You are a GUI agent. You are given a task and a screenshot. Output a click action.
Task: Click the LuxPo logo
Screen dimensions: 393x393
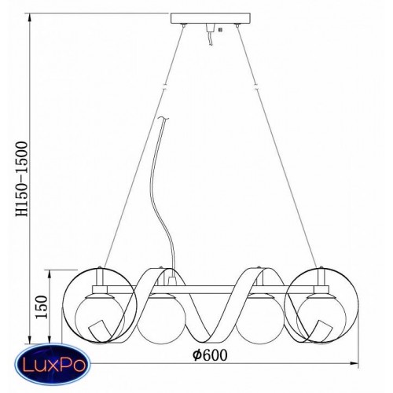coord(52,364)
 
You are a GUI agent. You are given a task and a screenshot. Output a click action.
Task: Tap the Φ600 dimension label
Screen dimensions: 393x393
coord(210,355)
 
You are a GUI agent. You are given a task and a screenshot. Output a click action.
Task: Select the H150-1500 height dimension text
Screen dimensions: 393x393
coord(22,179)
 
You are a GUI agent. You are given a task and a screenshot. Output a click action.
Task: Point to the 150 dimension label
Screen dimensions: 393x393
coord(42,307)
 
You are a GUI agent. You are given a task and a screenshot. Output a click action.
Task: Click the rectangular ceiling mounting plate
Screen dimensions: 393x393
coord(210,18)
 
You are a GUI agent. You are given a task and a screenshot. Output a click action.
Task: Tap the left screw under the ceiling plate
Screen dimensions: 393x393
coord(184,25)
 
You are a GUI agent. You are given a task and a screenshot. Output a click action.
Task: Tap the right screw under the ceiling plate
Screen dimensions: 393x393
coord(237,25)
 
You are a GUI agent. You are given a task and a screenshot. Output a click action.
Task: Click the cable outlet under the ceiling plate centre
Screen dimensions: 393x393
coord(210,28)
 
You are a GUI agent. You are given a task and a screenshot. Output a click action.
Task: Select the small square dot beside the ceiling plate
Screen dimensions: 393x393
coord(220,30)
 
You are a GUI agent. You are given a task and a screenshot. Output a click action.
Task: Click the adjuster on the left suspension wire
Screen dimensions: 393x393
coord(165,87)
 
